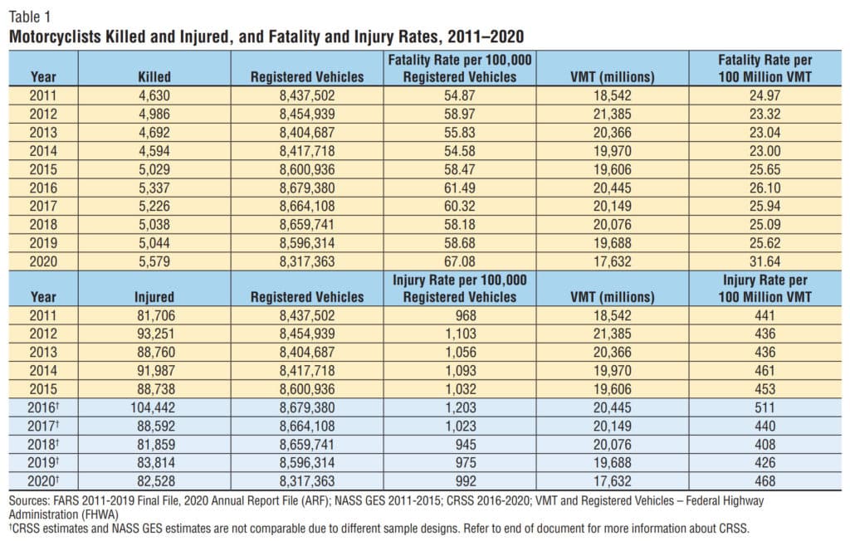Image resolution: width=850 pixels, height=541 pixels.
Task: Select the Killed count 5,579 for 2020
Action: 154,262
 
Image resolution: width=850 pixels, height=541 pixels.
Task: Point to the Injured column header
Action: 154,296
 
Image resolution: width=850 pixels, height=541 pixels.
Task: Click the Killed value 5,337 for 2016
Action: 154,188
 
